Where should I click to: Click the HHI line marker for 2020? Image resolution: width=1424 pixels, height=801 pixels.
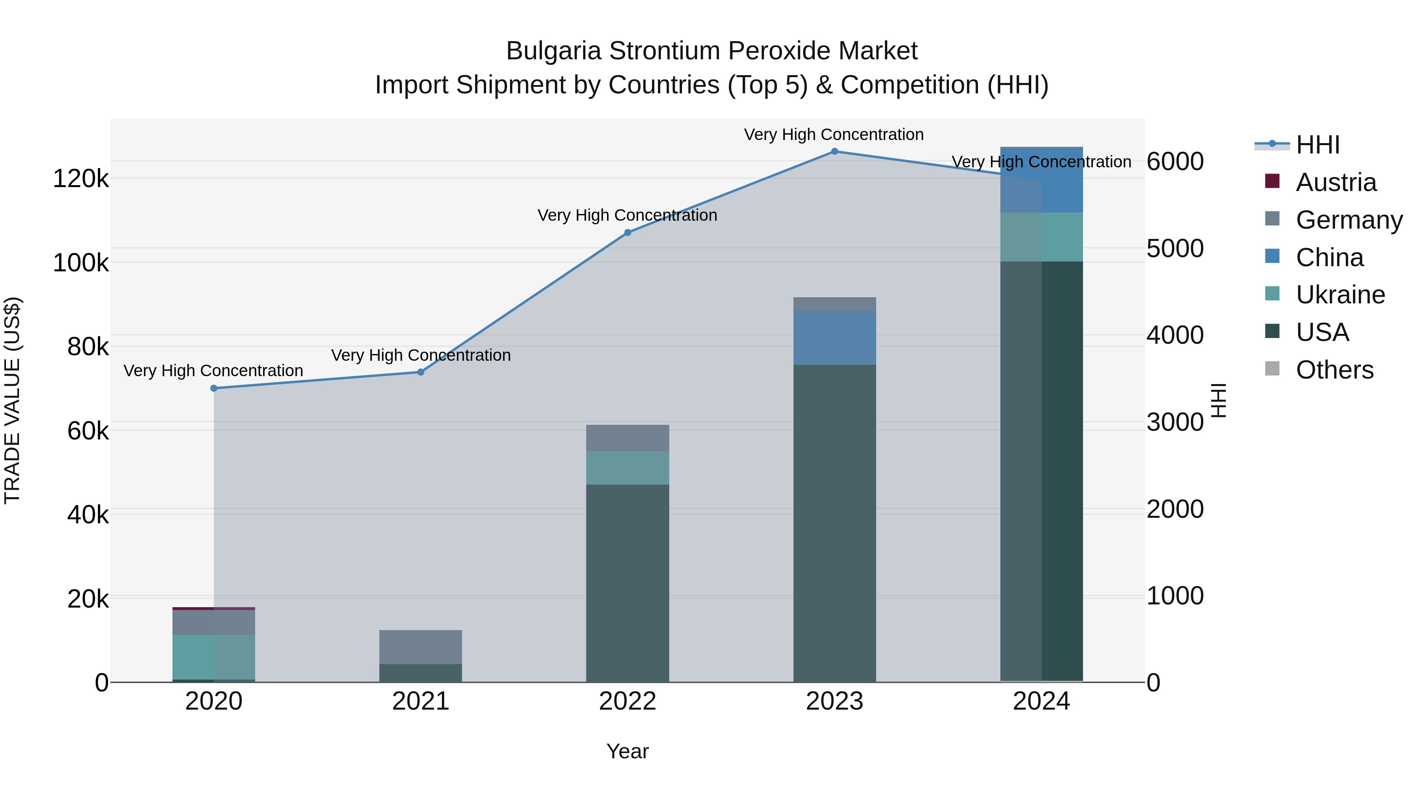click(x=214, y=388)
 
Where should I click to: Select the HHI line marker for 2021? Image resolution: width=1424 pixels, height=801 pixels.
click(x=421, y=372)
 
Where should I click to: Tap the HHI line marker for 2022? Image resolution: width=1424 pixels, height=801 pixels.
click(x=627, y=233)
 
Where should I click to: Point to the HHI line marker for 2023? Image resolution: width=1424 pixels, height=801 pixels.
click(x=835, y=151)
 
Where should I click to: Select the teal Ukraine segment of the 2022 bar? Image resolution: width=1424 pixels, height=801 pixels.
click(x=627, y=468)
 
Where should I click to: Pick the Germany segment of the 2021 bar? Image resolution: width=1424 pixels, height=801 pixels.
click(x=421, y=647)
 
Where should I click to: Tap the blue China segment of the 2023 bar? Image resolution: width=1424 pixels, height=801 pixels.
click(x=835, y=337)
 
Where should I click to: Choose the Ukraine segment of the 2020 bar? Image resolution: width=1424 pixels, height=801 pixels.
click(x=214, y=657)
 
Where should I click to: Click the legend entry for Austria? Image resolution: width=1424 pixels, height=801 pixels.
click(x=1335, y=182)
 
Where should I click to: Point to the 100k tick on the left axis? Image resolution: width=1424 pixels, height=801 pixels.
click(x=81, y=263)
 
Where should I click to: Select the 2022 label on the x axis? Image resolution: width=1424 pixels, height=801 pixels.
click(x=627, y=701)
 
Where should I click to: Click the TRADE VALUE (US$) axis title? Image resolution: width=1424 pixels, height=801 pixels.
click(x=12, y=400)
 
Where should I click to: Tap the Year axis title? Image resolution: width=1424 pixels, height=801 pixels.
click(x=627, y=751)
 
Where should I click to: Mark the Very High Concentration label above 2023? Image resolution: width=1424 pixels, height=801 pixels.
click(x=833, y=134)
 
